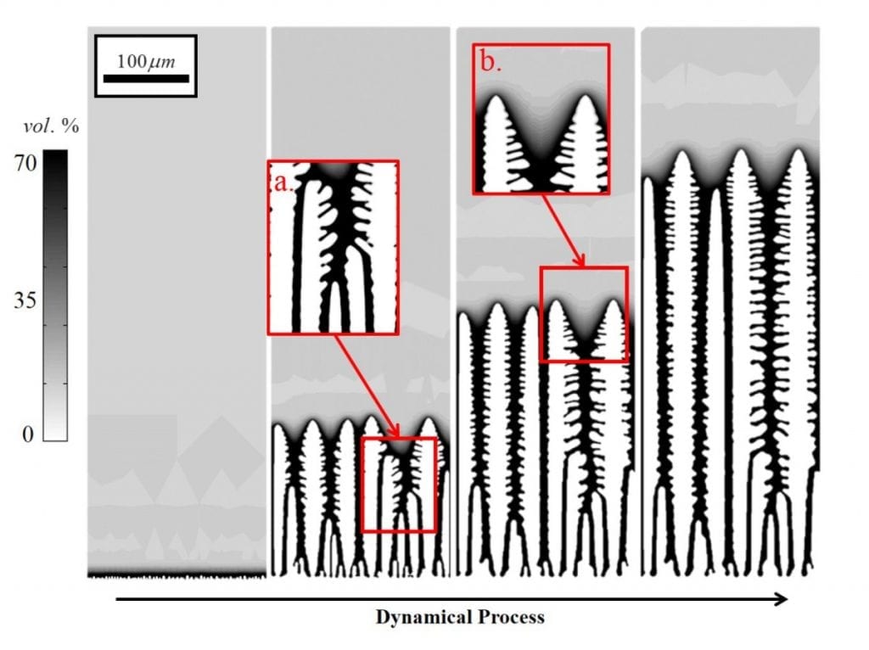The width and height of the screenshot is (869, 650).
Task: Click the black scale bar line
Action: [145, 78]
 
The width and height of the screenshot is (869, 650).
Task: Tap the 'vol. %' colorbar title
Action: [50, 127]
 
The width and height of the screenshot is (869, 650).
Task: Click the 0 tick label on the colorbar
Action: [29, 434]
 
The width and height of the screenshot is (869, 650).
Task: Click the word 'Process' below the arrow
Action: [507, 617]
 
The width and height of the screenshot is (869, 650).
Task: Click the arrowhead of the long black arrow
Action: [781, 600]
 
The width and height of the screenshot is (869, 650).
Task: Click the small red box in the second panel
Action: [399, 485]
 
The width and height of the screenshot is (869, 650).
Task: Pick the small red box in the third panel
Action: [584, 314]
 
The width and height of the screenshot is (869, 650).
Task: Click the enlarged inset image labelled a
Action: [333, 247]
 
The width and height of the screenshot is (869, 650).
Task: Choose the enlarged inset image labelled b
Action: [541, 119]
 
